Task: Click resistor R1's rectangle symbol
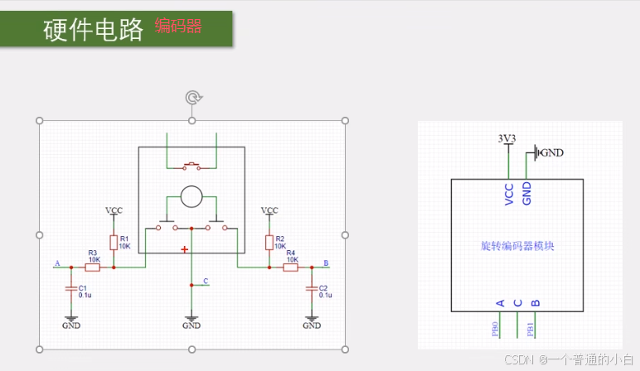[x=114, y=241]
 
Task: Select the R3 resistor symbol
[x=93, y=267]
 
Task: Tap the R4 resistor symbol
[x=291, y=267]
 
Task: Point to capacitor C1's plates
[x=70, y=288]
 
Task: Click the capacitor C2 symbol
[x=312, y=288]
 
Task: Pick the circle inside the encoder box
[x=192, y=196]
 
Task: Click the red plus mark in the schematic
[x=184, y=249]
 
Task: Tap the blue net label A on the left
[x=57, y=263]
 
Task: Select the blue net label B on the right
[x=326, y=263]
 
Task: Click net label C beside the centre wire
[x=206, y=281]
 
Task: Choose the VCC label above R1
[x=114, y=210]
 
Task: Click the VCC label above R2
[x=269, y=210]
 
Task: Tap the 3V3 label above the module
[x=506, y=138]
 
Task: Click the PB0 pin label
[x=495, y=329]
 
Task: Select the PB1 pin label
[x=530, y=329]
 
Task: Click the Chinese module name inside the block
[x=516, y=246]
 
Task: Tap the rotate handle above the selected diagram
[x=192, y=99]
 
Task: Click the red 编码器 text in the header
[x=178, y=26]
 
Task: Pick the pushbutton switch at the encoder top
[x=192, y=166]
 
